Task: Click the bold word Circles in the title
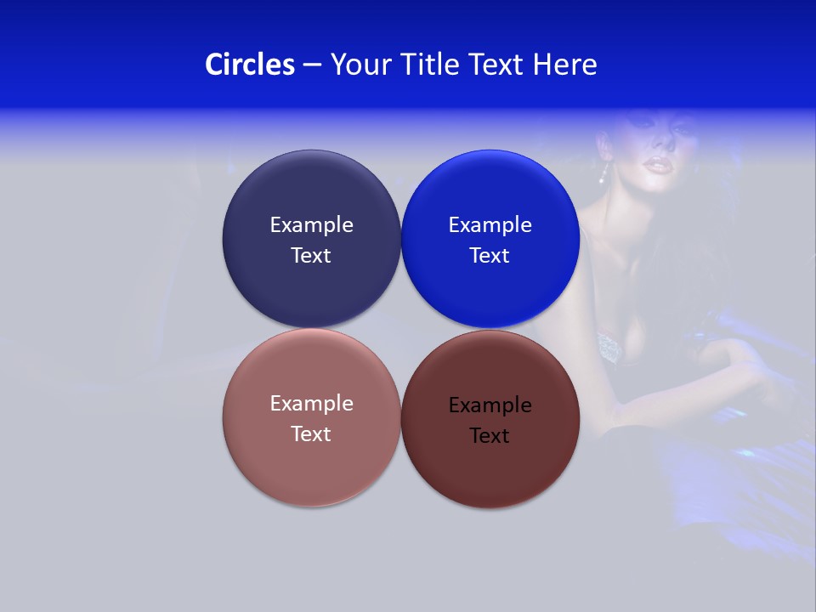tap(250, 65)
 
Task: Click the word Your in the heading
tap(356, 65)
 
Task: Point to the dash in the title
tap(312, 65)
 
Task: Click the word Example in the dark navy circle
tap(311, 225)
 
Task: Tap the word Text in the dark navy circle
tap(311, 256)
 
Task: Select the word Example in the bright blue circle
tap(490, 225)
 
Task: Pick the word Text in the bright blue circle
tap(490, 256)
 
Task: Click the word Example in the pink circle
tap(311, 404)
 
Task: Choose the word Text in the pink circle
tap(311, 434)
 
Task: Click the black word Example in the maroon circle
tap(490, 405)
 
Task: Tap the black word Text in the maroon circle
tap(490, 436)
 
